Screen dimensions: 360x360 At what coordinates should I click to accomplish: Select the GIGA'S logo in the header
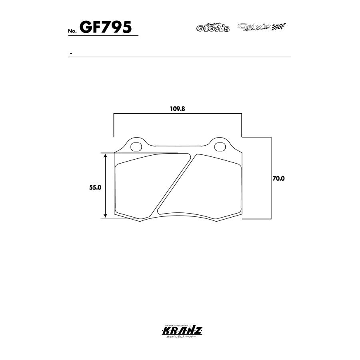point(212,28)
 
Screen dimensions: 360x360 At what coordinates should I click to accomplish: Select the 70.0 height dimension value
point(278,179)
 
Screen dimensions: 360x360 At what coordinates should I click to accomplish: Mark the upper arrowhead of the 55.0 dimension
point(106,156)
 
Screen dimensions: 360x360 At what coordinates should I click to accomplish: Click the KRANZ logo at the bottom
point(180,332)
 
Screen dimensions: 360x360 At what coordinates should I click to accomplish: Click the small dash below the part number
point(71,54)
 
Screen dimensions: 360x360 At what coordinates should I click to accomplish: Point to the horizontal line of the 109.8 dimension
point(178,114)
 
